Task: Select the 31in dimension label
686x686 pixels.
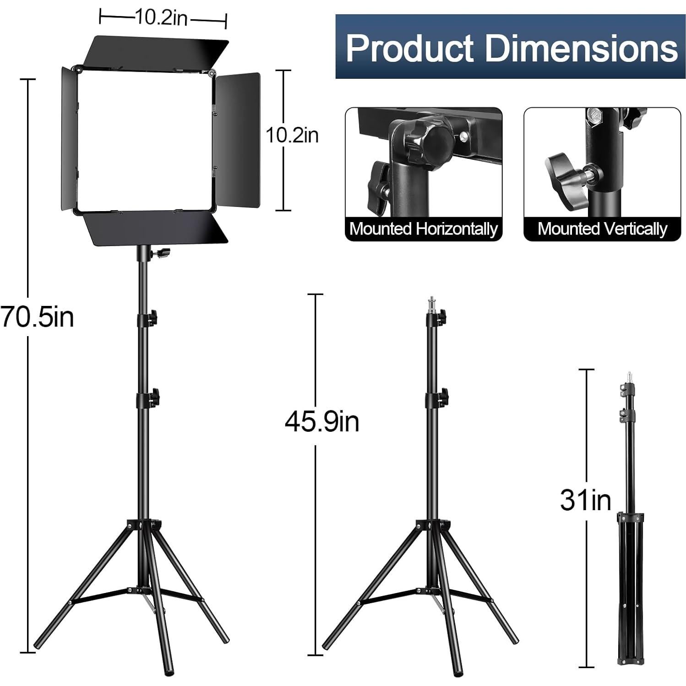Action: click(x=585, y=500)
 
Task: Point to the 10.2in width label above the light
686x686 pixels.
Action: click(x=161, y=18)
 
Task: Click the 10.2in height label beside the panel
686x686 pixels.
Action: click(x=292, y=136)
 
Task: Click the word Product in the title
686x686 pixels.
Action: click(x=409, y=47)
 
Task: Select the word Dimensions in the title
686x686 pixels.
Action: click(x=581, y=47)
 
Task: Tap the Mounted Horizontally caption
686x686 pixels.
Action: click(x=423, y=229)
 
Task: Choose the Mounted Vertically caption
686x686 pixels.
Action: click(x=602, y=229)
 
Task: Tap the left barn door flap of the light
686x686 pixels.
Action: click(x=69, y=140)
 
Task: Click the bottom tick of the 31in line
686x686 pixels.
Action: click(x=587, y=667)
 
